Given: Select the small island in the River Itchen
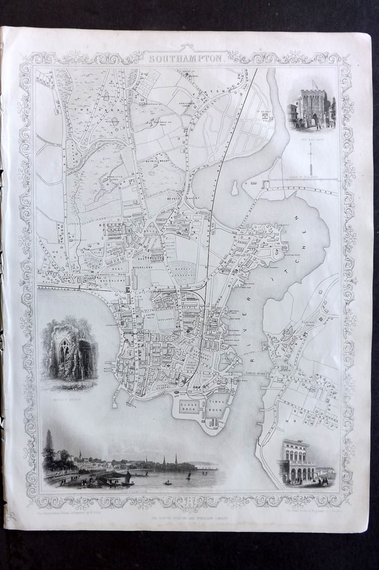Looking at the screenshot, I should pos(234,188).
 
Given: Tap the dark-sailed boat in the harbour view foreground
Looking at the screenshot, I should pos(127,477).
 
